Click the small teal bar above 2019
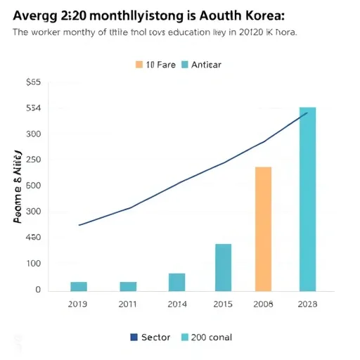click(x=79, y=286)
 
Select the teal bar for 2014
click(x=177, y=282)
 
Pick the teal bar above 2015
click(x=223, y=267)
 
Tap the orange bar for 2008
click(x=263, y=229)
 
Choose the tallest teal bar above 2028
click(x=307, y=199)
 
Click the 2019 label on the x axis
click(x=79, y=304)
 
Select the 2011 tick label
click(x=128, y=304)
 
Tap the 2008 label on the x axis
click(x=263, y=304)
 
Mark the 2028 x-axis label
click(x=307, y=304)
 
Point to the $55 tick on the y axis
click(x=33, y=82)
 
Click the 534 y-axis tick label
click(x=33, y=108)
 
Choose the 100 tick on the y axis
click(x=33, y=264)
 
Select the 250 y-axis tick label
click(x=33, y=160)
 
